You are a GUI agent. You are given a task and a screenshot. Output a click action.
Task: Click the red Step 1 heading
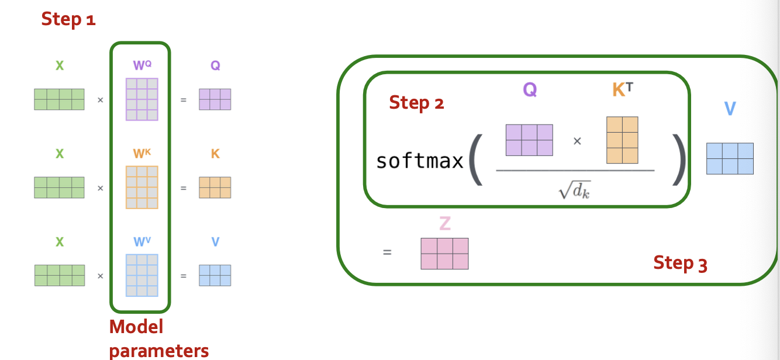pyautogui.click(x=68, y=19)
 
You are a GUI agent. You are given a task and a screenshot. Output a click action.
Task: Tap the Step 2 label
pyautogui.click(x=416, y=103)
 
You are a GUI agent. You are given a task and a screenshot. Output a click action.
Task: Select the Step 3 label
pyautogui.click(x=680, y=263)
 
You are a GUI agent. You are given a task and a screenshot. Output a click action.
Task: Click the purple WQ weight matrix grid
pyautogui.click(x=141, y=99)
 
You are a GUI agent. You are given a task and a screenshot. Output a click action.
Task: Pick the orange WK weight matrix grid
pyautogui.click(x=141, y=187)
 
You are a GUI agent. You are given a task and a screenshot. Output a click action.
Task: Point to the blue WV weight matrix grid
pyautogui.click(x=141, y=275)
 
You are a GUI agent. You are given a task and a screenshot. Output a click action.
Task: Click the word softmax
pyautogui.click(x=419, y=161)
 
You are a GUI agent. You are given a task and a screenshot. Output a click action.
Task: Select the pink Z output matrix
pyautogui.click(x=444, y=254)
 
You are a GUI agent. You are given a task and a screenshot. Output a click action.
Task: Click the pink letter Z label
pyautogui.click(x=444, y=223)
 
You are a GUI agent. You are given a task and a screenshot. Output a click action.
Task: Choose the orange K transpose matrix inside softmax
pyautogui.click(x=622, y=140)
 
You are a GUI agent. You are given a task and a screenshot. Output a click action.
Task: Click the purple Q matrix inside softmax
pyautogui.click(x=529, y=140)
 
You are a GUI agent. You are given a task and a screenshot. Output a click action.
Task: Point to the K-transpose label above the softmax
pyautogui.click(x=622, y=90)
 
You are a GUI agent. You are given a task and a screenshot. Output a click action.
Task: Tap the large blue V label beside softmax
pyautogui.click(x=729, y=109)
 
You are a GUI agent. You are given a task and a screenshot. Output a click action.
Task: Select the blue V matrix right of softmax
pyautogui.click(x=730, y=158)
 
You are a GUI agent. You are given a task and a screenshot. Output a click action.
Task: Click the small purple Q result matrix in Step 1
pyautogui.click(x=215, y=99)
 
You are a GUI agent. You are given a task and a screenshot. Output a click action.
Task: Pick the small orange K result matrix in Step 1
pyautogui.click(x=215, y=187)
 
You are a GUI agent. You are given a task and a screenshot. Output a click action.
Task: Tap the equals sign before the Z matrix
pyautogui.click(x=386, y=253)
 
